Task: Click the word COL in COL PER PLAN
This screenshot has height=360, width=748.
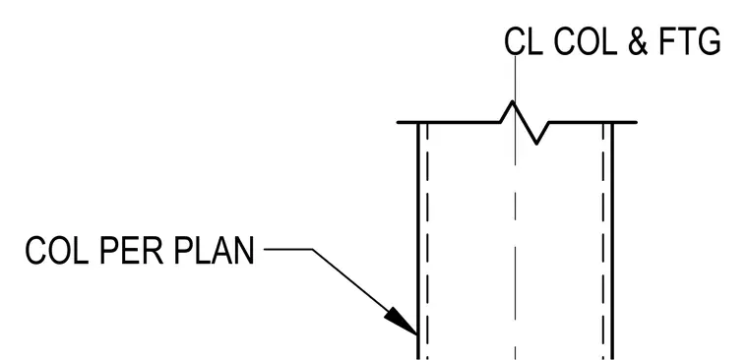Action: (x=57, y=251)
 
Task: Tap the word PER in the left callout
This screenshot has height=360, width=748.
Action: (x=131, y=251)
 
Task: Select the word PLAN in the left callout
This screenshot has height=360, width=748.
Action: (x=214, y=251)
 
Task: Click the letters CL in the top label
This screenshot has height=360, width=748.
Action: (x=524, y=41)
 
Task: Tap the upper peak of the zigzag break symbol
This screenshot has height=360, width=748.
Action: (x=513, y=101)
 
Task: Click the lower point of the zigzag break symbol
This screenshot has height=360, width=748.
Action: (x=537, y=143)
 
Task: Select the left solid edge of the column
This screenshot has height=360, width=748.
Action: (x=418, y=241)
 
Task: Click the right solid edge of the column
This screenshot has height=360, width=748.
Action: (x=612, y=241)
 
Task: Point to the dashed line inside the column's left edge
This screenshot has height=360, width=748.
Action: (x=427, y=241)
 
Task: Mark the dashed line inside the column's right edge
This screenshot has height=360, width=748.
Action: (x=603, y=241)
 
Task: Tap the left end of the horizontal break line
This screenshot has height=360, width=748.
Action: (x=398, y=123)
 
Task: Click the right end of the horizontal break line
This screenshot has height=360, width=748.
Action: (x=637, y=123)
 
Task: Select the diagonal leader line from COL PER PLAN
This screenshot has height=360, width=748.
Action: (x=365, y=292)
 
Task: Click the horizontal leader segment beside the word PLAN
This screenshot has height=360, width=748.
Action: (x=288, y=249)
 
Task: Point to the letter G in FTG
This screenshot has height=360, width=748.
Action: (x=709, y=41)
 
